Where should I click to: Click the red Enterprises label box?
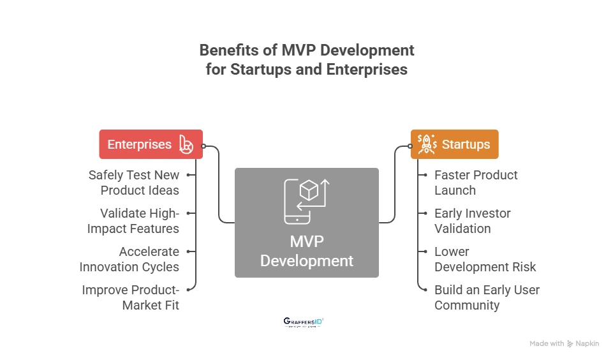pos(151,144)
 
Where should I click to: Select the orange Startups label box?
pos(454,144)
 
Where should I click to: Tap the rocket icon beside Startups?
pos(427,144)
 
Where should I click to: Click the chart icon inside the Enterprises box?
pos(186,144)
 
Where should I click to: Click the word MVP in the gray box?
pos(306,242)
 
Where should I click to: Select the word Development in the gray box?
pos(306,261)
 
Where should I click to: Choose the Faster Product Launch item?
pos(475,183)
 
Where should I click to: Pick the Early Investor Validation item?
pos(472,221)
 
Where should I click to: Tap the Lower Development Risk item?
pos(485,259)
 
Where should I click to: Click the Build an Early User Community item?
pos(487,297)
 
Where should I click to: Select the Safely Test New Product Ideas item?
pos(134,183)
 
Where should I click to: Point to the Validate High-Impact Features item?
pos(139,221)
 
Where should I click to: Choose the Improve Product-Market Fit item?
pos(131,297)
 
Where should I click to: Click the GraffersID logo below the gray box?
pos(303,322)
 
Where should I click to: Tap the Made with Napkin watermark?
pos(564,343)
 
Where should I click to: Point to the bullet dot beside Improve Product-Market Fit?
pos(189,289)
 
